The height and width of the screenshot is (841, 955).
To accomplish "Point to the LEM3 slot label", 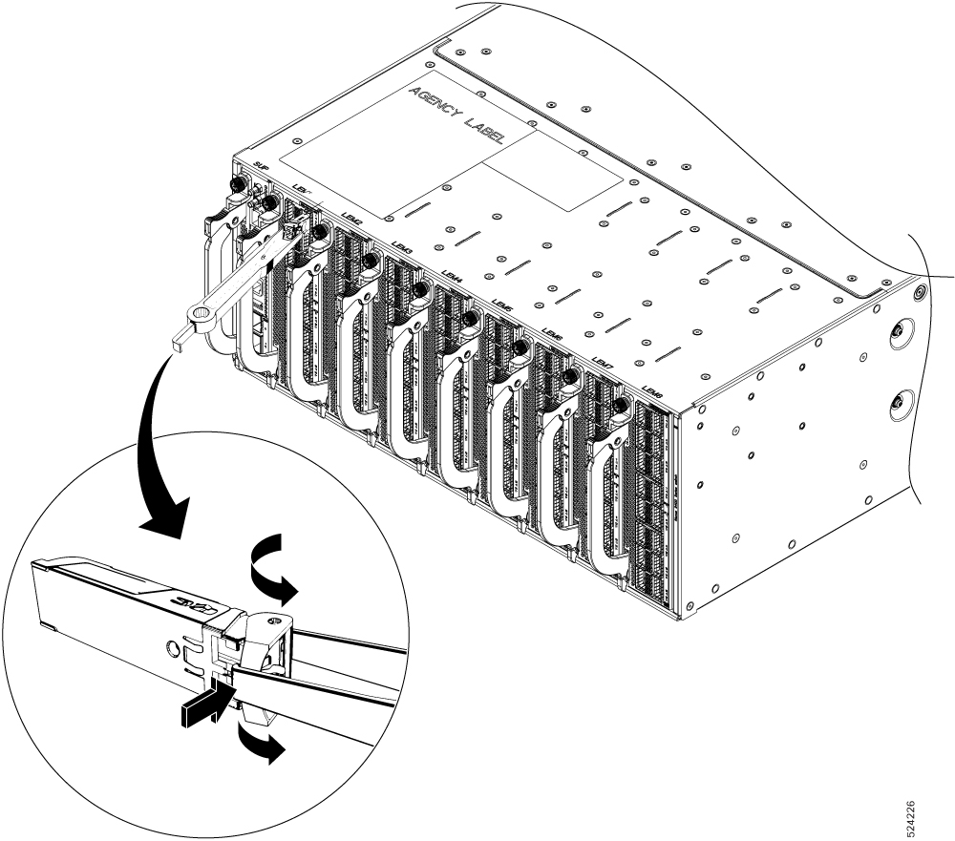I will pyautogui.click(x=401, y=245).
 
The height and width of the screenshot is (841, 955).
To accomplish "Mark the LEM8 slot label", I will pyautogui.click(x=653, y=392).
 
